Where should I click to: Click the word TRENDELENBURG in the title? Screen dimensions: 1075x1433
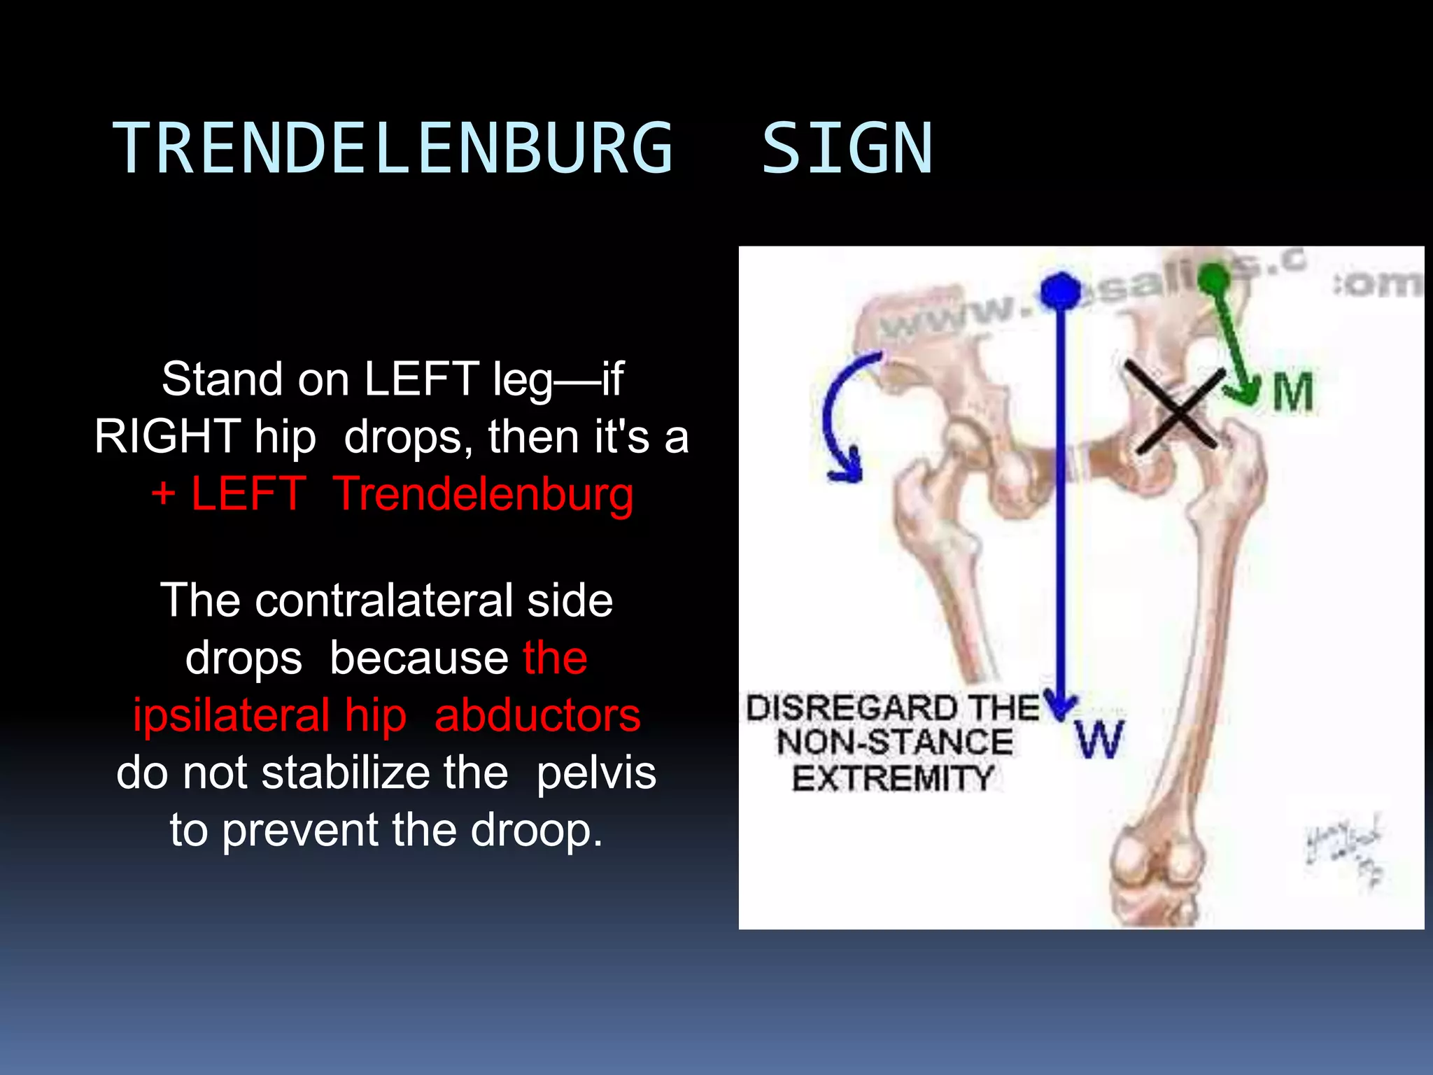coord(392,148)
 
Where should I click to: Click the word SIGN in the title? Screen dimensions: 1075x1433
coord(847,148)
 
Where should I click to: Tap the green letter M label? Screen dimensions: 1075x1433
coord(1292,393)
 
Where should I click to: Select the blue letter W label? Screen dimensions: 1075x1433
coord(1099,740)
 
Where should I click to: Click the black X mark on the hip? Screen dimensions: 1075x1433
coord(1176,407)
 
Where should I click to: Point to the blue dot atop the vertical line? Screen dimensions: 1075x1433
coord(1061,290)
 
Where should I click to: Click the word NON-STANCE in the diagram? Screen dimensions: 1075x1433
coord(895,743)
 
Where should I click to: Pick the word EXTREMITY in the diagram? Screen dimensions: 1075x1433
coord(893,778)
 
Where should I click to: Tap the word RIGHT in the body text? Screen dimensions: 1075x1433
coord(168,437)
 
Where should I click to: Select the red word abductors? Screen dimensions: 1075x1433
coord(537,715)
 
